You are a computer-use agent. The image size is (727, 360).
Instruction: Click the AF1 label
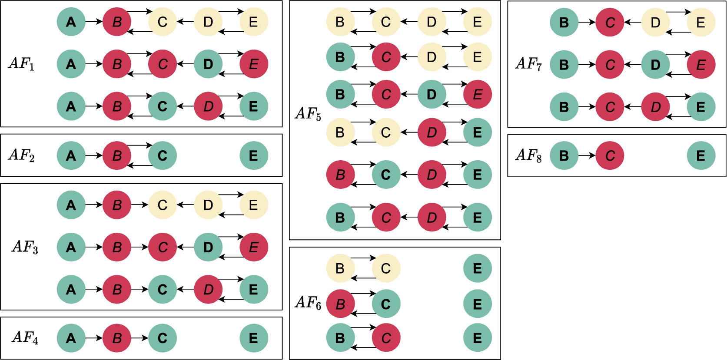coord(21,63)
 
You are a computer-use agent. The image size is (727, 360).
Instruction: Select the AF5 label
coord(308,114)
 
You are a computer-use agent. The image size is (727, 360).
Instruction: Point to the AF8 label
coord(529,155)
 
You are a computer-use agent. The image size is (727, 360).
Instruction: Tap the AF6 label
coord(308,303)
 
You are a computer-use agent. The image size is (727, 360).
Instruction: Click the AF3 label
coord(25,247)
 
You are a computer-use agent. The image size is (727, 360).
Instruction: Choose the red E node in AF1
coord(254,64)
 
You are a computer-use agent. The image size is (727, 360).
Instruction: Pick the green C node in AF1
coord(162,106)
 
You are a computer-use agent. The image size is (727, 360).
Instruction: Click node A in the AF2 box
coord(71,155)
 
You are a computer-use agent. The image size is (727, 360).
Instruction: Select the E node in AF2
coord(254,155)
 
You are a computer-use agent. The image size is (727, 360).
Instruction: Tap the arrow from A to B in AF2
coord(94,155)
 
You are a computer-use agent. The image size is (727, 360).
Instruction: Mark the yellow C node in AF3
coord(162,205)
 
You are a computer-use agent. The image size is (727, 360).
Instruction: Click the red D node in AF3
coord(208,289)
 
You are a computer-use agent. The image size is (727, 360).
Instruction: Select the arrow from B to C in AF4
coord(140,338)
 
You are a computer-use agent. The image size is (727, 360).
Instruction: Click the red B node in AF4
coord(117,338)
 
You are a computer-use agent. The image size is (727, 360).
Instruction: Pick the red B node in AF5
coord(340,175)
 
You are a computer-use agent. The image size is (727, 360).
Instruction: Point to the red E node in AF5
coord(478,94)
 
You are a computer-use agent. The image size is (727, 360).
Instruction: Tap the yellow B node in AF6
coord(340,268)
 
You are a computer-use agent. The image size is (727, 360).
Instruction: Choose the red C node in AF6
coord(386,338)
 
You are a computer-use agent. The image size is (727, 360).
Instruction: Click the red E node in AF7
coord(701,65)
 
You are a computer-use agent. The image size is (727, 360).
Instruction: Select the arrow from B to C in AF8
coord(587,155)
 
